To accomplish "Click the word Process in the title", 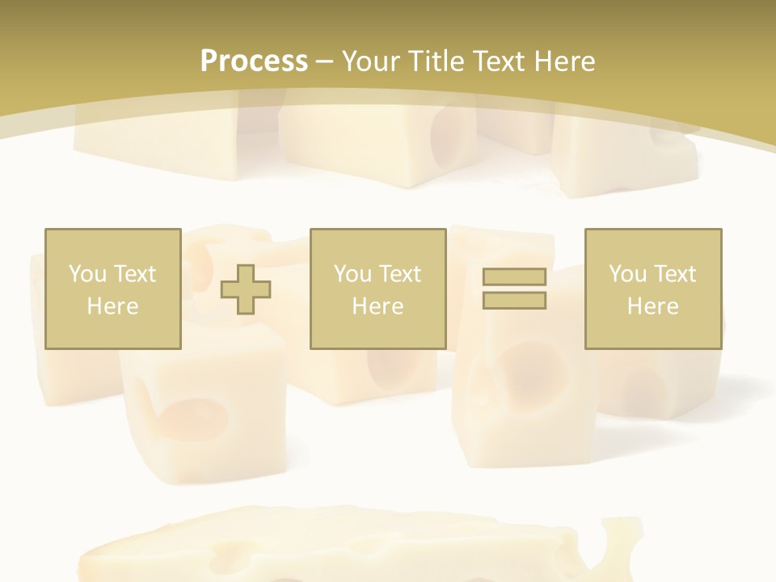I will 254,61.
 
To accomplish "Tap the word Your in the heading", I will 369,61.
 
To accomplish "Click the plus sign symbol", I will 246,289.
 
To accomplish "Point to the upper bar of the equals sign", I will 514,277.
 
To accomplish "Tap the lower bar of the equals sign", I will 514,300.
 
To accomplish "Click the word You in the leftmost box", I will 86,274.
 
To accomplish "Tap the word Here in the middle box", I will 377,306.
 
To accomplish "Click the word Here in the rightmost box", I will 652,306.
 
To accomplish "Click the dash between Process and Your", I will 325,62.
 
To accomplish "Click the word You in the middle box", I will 352,274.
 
